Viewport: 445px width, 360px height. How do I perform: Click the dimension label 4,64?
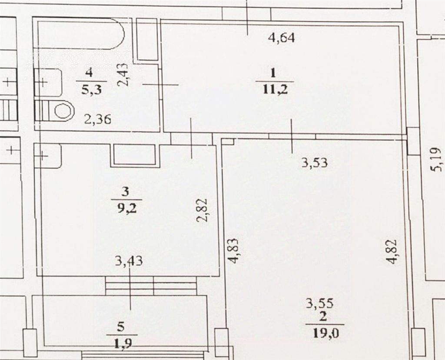click(282, 38)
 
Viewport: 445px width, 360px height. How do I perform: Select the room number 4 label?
click(89, 73)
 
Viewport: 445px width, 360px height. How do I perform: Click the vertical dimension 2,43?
click(124, 75)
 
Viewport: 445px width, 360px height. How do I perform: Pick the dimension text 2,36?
click(98, 120)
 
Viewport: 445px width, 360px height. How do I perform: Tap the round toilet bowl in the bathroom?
click(62, 111)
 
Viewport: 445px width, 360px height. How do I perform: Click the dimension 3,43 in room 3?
click(129, 260)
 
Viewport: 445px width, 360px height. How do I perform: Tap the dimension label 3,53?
click(315, 163)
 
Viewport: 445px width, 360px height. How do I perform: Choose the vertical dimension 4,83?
click(233, 250)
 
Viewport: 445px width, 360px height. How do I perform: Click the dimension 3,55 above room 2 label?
click(319, 304)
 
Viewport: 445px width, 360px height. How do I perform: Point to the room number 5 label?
click(121, 327)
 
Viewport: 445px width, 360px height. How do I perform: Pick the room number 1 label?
click(273, 73)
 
